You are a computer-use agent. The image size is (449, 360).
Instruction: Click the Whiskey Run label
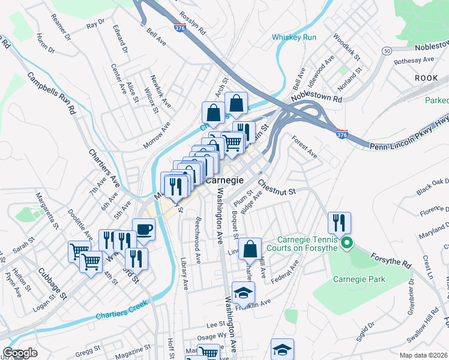pyautogui.click(x=294, y=37)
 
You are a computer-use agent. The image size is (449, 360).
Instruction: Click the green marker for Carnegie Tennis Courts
pyautogui.click(x=346, y=242)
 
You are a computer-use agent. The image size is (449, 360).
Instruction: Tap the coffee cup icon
pyautogui.click(x=143, y=229)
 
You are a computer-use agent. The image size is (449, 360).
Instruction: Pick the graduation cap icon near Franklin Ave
pyautogui.click(x=243, y=293)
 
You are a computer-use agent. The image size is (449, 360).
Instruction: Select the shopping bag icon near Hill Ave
pyautogui.click(x=250, y=248)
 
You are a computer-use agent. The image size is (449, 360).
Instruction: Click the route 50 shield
pyautogui.click(x=387, y=51)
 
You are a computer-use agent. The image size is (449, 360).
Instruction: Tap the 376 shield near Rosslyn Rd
pyautogui.click(x=180, y=29)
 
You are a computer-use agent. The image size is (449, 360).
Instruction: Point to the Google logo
pyautogui.click(x=20, y=353)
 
